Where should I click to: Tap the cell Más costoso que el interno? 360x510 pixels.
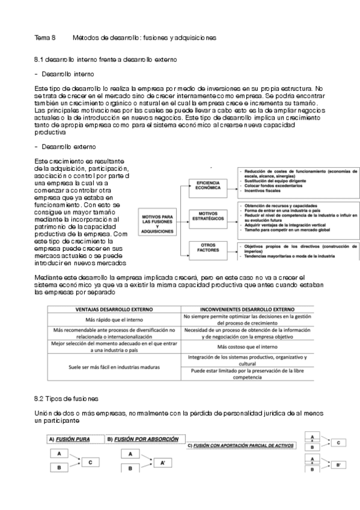246,347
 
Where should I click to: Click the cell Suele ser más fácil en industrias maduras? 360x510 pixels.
114,366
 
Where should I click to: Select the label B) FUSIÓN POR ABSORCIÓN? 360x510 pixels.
143,439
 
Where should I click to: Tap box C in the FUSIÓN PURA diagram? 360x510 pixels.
90,462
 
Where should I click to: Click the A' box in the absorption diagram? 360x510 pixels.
163,463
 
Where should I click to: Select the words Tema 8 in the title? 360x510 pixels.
45,37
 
